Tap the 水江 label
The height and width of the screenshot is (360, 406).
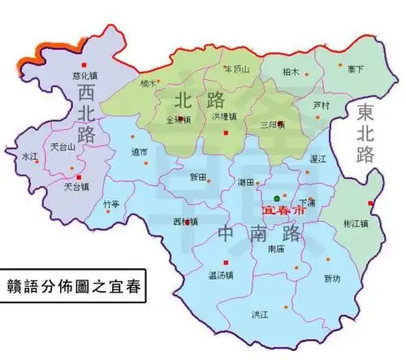pos(31,154)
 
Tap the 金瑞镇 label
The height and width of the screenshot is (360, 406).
pos(179,119)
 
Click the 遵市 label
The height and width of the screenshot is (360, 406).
pos(139,152)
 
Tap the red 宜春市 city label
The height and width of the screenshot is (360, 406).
pos(278,209)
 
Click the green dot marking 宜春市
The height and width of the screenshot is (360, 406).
pos(276,198)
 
